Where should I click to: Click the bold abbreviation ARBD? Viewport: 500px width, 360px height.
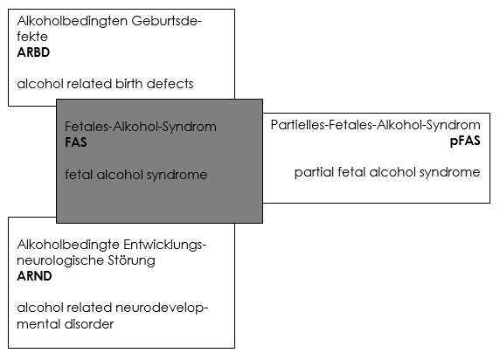point(33,52)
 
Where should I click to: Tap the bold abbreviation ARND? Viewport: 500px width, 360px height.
point(34,276)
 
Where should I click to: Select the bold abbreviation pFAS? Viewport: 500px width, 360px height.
point(465,141)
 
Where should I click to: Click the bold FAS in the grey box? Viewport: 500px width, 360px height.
point(76,142)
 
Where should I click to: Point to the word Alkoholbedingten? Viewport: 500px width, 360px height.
point(72,21)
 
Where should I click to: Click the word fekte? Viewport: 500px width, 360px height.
point(32,37)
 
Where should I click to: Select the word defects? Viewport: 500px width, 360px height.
point(170,84)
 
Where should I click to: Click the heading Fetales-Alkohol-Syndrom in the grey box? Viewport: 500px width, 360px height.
point(141,127)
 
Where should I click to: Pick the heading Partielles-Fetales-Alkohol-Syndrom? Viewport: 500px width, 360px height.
point(376,125)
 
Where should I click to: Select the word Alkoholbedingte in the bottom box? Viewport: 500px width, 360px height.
point(68,245)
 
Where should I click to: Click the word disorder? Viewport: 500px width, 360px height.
point(89,324)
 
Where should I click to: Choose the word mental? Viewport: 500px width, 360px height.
point(38,324)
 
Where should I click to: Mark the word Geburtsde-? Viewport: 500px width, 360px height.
point(166,21)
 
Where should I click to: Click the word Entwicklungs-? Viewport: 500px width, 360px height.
point(165,245)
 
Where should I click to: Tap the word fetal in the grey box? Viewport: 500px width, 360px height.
point(79,175)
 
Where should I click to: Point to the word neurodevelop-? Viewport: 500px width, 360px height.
point(162,308)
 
